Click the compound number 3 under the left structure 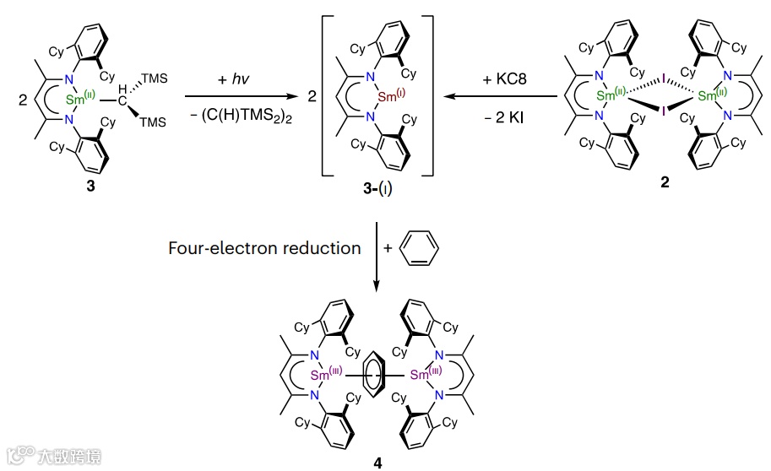click(90, 187)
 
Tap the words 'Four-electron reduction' click(264, 247)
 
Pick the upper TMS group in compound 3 click(155, 78)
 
